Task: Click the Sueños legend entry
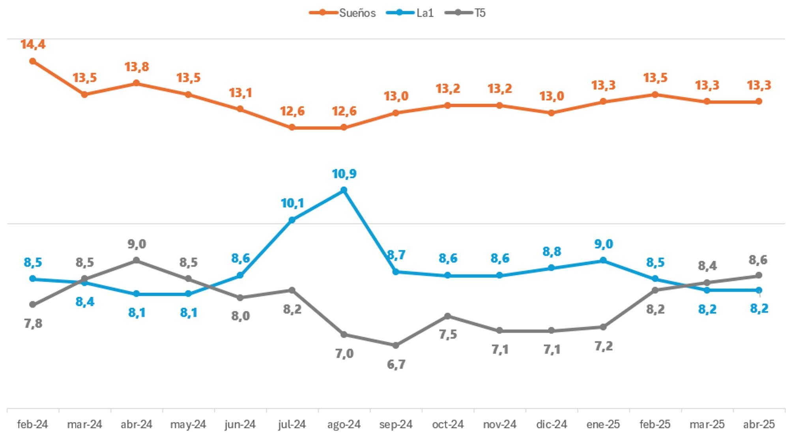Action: pyautogui.click(x=342, y=13)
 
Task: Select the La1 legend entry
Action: pyautogui.click(x=410, y=13)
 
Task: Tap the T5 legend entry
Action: pyautogui.click(x=466, y=13)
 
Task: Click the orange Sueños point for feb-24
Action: pyautogui.click(x=33, y=61)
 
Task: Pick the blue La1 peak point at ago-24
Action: pyautogui.click(x=344, y=190)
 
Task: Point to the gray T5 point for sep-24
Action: pyautogui.click(x=396, y=345)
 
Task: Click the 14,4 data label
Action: pyautogui.click(x=33, y=44)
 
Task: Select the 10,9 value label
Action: pyautogui.click(x=344, y=173)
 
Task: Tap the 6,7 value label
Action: pyautogui.click(x=396, y=364)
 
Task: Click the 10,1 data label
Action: pyautogui.click(x=292, y=203)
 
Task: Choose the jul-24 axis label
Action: pyautogui.click(x=292, y=424)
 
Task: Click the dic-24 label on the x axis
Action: pyautogui.click(x=551, y=424)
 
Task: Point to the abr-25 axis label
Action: pyautogui.click(x=759, y=424)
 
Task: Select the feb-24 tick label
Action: pyautogui.click(x=33, y=424)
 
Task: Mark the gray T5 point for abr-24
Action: pyautogui.click(x=136, y=261)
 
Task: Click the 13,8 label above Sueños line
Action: pyautogui.click(x=136, y=67)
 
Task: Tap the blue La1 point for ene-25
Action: pyautogui.click(x=603, y=261)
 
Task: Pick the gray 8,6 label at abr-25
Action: pyautogui.click(x=758, y=260)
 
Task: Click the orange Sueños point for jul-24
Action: pyautogui.click(x=292, y=127)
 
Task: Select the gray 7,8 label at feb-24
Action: pyautogui.click(x=33, y=323)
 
